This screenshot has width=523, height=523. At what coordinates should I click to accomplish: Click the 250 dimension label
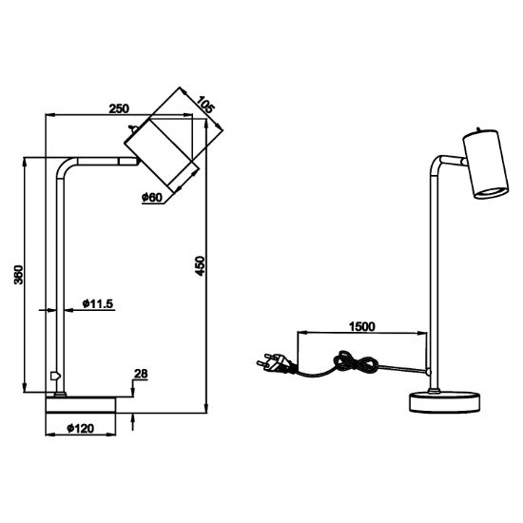(119, 108)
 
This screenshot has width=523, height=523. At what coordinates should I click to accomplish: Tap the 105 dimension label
(204, 105)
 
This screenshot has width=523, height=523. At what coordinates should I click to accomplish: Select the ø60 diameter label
(152, 198)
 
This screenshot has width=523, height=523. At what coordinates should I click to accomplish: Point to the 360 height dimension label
(19, 275)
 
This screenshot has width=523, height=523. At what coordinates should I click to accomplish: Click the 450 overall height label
(200, 265)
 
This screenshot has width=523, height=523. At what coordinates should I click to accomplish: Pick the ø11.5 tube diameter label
(98, 303)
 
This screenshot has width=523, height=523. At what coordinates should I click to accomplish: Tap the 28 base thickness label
(141, 374)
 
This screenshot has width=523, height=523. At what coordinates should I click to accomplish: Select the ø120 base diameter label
(81, 428)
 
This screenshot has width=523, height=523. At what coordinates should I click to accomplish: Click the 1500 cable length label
(362, 326)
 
